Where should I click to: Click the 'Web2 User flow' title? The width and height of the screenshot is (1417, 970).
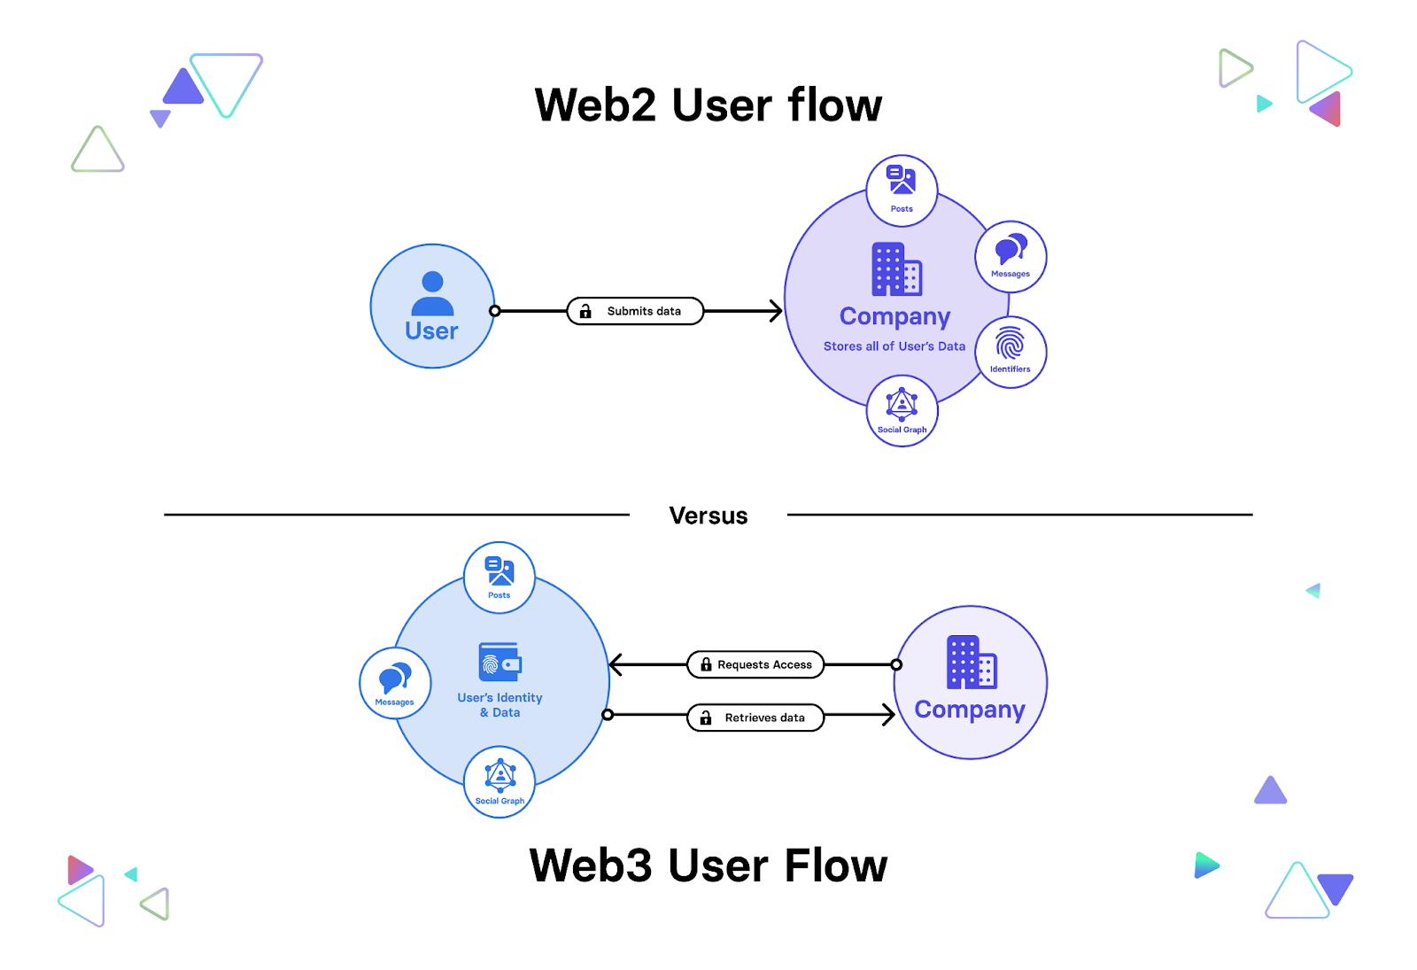708,105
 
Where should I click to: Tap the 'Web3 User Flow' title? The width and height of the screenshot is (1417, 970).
708,865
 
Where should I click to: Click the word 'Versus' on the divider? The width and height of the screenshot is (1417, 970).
708,516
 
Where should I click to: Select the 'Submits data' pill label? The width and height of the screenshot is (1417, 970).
636,311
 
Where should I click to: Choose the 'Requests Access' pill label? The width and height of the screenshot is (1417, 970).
756,664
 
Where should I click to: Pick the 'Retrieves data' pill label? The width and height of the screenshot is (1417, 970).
756,718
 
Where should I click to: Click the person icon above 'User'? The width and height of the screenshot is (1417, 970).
432,293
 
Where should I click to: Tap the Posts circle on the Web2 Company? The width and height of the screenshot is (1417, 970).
902,190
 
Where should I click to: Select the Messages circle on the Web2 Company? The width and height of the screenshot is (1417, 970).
1010,257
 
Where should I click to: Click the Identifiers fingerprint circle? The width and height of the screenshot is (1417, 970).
1010,352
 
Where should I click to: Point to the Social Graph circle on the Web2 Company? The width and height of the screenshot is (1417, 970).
902,411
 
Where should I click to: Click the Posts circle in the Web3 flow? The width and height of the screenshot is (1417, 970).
499,578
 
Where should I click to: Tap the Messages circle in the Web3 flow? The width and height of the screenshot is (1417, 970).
395,684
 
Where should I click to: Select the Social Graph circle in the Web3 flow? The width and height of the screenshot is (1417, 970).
499,782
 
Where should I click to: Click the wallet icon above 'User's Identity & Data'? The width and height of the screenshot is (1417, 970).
500,663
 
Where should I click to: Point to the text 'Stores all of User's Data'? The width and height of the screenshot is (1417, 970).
894,346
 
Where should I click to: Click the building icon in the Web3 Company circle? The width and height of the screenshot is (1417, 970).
972,662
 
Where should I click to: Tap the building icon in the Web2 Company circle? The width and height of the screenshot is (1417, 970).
896,269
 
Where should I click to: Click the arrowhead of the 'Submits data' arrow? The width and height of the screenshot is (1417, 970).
776,311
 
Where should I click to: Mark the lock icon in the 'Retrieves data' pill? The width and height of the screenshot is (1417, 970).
706,718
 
